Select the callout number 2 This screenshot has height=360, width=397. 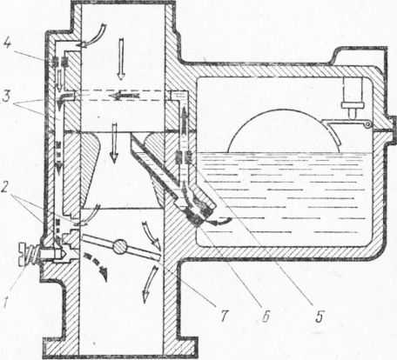point(4,190)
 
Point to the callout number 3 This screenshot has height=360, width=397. point(6,97)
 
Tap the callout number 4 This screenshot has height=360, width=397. point(8,44)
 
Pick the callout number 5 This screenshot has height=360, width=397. point(320,316)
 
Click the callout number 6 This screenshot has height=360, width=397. point(266,316)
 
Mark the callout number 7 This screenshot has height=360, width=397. point(225,315)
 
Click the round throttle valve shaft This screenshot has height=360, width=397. point(120,247)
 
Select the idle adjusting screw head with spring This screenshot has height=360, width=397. point(29,254)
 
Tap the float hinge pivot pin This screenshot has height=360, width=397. point(368,124)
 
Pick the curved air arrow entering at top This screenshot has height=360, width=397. point(94,36)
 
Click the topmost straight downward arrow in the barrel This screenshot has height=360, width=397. point(120,59)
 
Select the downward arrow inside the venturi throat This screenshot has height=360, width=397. point(114,143)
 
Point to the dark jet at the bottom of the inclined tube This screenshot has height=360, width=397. point(198,219)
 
